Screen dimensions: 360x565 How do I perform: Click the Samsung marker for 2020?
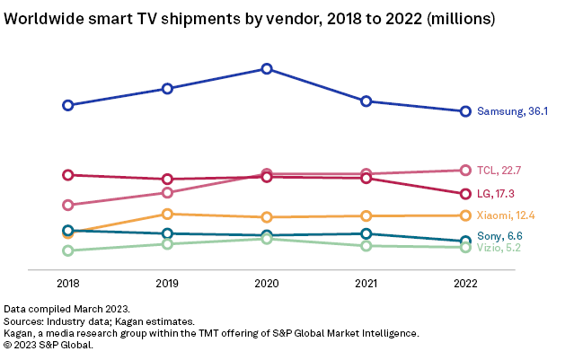[x=267, y=68]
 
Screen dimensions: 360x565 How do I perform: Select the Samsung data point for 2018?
[x=67, y=105]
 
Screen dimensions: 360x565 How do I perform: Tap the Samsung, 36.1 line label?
[x=512, y=112]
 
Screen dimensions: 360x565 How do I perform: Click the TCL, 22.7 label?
[x=499, y=171]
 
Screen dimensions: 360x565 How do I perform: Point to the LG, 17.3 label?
[x=498, y=194]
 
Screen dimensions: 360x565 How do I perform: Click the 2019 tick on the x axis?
[x=167, y=284]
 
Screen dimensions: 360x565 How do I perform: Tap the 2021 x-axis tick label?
[x=366, y=284]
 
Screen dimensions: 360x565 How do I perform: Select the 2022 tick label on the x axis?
[x=465, y=284]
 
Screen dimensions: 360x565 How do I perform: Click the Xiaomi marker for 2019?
[x=167, y=214]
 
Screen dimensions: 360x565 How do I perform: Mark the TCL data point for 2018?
[x=67, y=205]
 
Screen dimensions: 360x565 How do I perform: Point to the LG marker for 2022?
[x=465, y=194]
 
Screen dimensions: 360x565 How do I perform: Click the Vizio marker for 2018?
[x=67, y=250]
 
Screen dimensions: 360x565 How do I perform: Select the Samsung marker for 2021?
[x=366, y=101]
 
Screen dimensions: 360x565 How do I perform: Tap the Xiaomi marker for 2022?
[x=465, y=215]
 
